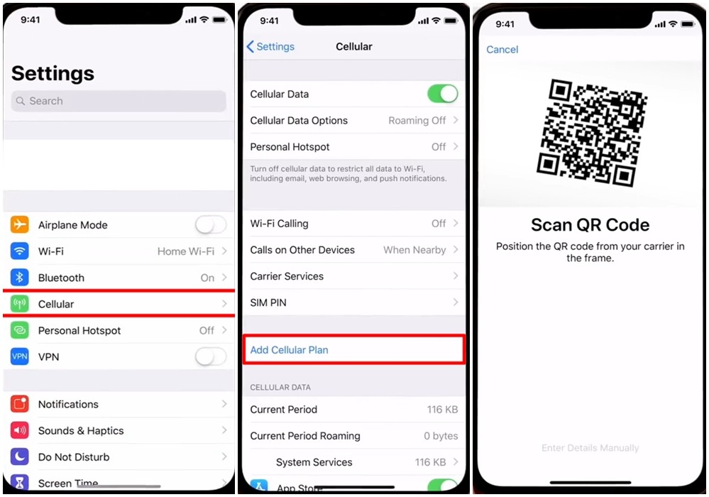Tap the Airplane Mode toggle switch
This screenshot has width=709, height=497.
211,225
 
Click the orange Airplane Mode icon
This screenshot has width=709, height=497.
19,225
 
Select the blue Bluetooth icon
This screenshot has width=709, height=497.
19,278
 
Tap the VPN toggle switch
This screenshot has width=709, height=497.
211,357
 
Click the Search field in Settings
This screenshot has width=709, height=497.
119,101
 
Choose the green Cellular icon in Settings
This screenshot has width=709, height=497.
19,304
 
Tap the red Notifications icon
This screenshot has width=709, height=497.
19,404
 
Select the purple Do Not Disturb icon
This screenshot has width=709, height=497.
19,457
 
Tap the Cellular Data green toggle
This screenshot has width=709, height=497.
443,94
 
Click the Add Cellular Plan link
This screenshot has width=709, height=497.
290,350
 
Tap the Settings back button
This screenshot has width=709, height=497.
270,47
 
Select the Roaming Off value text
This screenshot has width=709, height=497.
417,121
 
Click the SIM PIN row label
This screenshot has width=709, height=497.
268,302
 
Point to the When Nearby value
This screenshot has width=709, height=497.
414,250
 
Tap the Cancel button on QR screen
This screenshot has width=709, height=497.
502,49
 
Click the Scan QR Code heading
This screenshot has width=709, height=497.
590,225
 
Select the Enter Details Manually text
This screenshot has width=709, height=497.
590,448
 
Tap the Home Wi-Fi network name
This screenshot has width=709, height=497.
186,251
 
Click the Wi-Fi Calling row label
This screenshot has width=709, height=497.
279,224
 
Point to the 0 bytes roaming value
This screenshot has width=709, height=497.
441,436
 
